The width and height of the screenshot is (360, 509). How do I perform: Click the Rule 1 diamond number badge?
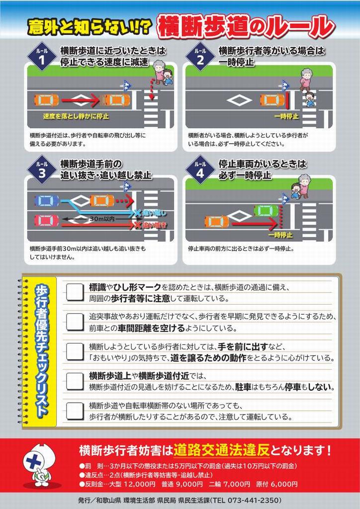tap(42, 57)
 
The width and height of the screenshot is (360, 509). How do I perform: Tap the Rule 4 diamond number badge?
tap(200, 170)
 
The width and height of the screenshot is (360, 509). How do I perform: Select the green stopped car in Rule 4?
tap(267, 211)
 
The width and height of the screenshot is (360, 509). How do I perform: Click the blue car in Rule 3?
tap(47, 200)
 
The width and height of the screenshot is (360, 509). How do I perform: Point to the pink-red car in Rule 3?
tap(47, 221)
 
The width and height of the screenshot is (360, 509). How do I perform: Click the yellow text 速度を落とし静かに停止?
tap(76, 116)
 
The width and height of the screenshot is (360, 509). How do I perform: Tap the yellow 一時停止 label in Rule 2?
tap(286, 116)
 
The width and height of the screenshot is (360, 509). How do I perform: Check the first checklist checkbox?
tap(75, 292)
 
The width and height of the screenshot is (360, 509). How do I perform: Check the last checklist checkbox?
tap(75, 411)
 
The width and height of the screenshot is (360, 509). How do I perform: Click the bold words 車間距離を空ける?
tap(151, 328)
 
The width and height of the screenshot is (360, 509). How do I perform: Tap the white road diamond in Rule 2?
tap(240, 100)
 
